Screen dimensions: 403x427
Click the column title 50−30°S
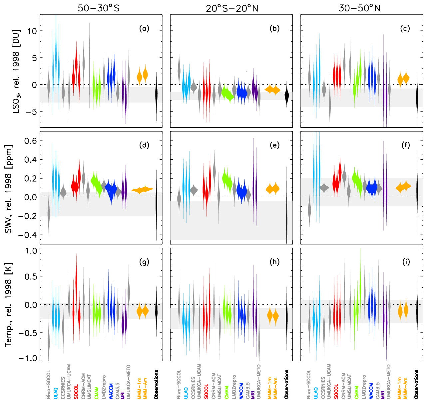(x=98, y=8)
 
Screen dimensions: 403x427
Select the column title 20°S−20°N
(x=232, y=8)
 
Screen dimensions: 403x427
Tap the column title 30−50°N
(x=359, y=8)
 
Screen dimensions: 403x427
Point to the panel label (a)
(x=144, y=29)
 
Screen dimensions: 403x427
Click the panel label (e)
(x=274, y=145)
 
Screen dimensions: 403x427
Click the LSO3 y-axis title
(x=16, y=71)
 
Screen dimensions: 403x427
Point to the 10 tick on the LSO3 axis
(x=32, y=31)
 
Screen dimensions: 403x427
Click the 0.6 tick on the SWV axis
(x=30, y=141)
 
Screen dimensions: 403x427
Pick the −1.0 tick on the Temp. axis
(x=28, y=358)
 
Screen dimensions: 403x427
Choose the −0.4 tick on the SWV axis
(x=28, y=235)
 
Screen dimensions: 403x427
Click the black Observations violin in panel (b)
(x=287, y=95)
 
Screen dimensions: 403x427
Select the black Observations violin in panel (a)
(x=157, y=95)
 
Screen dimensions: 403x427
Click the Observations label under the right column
(x=416, y=384)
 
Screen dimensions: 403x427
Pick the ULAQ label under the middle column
(x=186, y=393)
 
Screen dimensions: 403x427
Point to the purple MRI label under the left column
(x=122, y=395)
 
